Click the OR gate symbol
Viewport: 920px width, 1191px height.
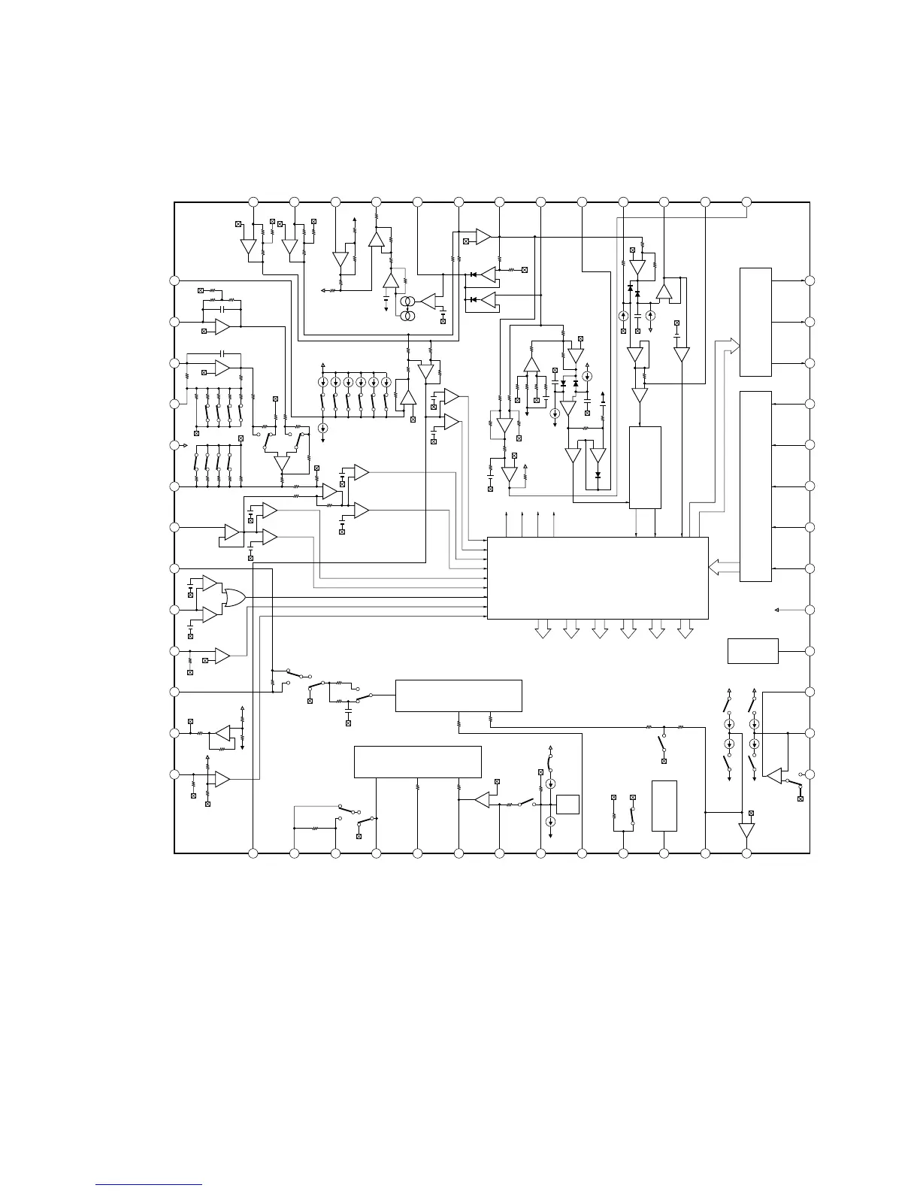[x=235, y=598]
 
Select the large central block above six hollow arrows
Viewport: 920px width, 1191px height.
[x=598, y=577]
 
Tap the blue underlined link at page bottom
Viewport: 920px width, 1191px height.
[x=150, y=1185]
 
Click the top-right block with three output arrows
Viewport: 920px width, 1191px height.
[x=755, y=321]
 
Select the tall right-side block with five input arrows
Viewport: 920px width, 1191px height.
[x=755, y=486]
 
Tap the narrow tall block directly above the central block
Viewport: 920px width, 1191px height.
[x=645, y=467]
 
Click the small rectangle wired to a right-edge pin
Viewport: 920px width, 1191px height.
[x=752, y=651]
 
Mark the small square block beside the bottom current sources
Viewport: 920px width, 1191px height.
[x=568, y=804]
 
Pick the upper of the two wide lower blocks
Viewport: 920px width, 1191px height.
[x=458, y=696]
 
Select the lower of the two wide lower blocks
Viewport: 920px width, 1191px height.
[x=417, y=762]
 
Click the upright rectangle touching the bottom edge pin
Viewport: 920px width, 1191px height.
[x=664, y=806]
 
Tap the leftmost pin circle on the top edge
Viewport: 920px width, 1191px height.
[x=253, y=202]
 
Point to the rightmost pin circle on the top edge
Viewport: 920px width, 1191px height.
[x=746, y=202]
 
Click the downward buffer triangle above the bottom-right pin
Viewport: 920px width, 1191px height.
[x=746, y=831]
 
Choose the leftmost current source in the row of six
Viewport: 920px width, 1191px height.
[x=322, y=382]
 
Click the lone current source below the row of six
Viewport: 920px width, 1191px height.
[x=323, y=428]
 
